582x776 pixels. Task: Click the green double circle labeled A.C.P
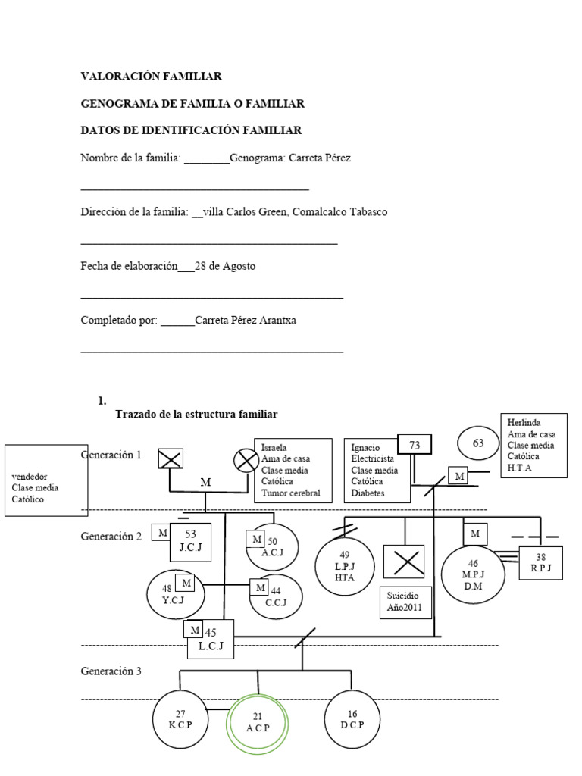pos(258,722)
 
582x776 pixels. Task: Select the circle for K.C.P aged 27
pos(180,719)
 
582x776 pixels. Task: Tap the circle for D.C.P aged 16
pos(352,719)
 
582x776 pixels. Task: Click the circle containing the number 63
pos(478,444)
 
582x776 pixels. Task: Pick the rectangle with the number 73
pos(415,446)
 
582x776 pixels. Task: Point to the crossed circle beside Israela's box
pos(245,459)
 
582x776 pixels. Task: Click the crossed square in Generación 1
pos(171,458)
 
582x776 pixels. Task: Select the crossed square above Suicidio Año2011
pos(403,562)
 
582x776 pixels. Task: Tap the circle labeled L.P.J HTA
pos(345,565)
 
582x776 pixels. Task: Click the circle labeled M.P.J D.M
pos(474,574)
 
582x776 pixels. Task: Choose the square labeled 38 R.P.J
pos(540,563)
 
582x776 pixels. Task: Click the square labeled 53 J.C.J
pos(190,541)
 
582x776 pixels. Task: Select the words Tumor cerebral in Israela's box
pos(291,493)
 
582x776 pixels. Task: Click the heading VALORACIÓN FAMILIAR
pos(152,77)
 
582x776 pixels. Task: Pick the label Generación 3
pos(111,671)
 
